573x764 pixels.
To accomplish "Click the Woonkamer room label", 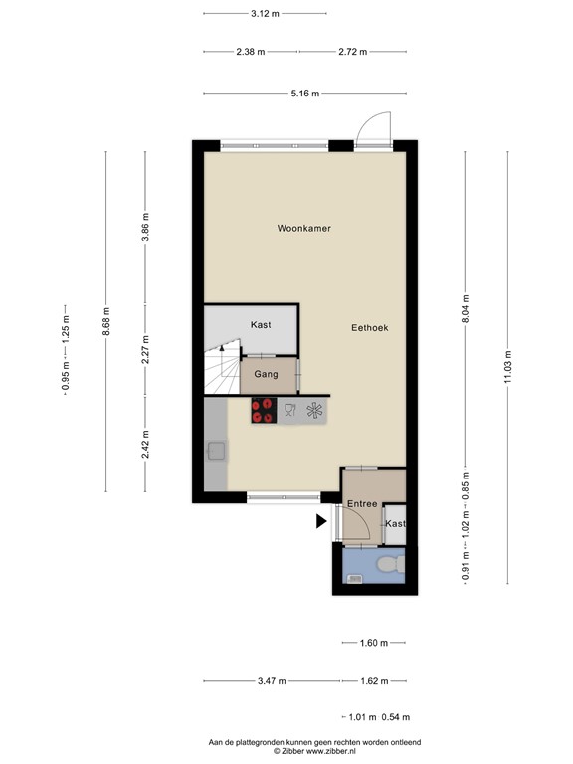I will (x=303, y=228).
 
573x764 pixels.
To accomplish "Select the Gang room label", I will (x=266, y=375).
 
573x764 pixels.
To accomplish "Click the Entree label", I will (x=361, y=504).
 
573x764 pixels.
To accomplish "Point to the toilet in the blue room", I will (x=391, y=565).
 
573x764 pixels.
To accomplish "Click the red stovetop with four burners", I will (x=264, y=411).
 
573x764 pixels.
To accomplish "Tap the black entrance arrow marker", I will (x=322, y=520).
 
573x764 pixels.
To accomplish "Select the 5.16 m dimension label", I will (x=304, y=94).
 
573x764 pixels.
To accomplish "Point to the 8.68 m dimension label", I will (x=105, y=321).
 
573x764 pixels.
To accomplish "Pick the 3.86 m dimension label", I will (x=145, y=228).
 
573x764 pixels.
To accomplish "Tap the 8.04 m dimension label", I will (x=465, y=305).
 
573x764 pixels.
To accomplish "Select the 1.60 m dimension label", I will (x=373, y=643).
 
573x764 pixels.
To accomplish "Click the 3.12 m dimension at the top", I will (x=265, y=14).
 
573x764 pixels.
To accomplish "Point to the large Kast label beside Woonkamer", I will (x=261, y=325).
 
